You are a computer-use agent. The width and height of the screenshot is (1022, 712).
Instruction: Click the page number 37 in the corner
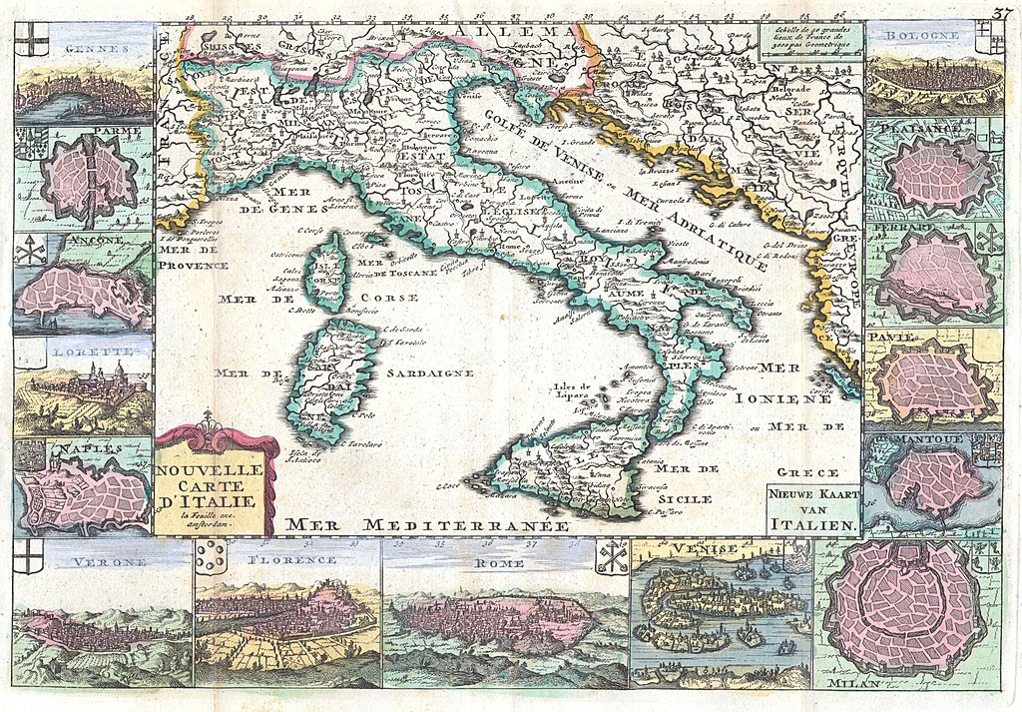[x=1001, y=12]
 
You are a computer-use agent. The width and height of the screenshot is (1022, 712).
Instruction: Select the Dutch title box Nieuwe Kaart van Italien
[x=811, y=508]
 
